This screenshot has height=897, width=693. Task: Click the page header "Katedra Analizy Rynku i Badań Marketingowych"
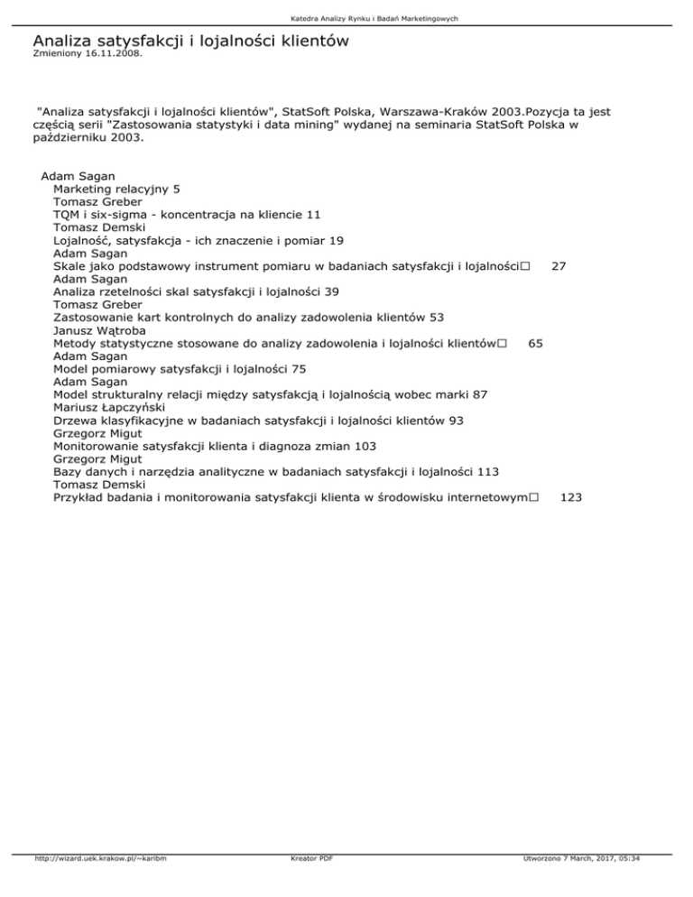(346, 18)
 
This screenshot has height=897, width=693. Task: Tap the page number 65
(536, 343)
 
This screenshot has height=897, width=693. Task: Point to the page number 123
(570, 496)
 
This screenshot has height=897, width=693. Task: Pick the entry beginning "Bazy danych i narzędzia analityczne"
(277, 470)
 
